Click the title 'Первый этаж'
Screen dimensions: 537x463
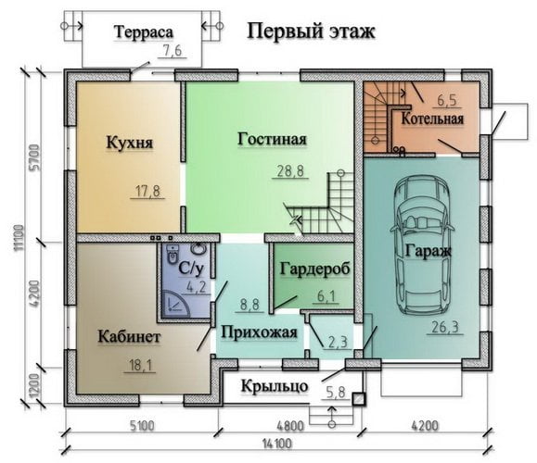(311, 31)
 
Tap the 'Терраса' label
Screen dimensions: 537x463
(144, 32)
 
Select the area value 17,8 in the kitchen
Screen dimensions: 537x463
(148, 191)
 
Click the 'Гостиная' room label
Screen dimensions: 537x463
(272, 139)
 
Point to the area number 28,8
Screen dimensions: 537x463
(290, 171)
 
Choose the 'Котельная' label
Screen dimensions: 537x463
(432, 119)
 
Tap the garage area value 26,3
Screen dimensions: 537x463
(445, 327)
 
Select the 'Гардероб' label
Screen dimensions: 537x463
(315, 269)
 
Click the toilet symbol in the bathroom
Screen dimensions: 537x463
(173, 254)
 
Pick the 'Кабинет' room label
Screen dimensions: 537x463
(129, 336)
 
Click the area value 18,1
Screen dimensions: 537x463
(140, 366)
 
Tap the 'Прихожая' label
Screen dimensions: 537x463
(259, 332)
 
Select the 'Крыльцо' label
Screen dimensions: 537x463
(275, 386)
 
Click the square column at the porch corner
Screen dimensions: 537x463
(359, 399)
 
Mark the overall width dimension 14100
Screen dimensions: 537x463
(277, 444)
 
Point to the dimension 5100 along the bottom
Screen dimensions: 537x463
(142, 426)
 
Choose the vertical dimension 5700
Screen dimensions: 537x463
(34, 156)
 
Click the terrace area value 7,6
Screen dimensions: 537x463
(173, 51)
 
